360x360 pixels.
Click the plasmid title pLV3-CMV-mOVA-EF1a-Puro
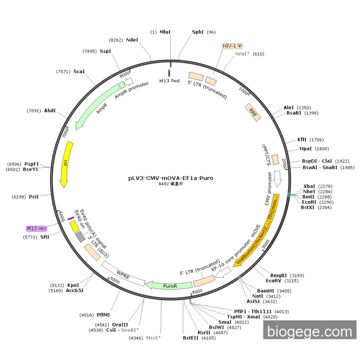(171, 178)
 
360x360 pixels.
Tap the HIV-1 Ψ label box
(232, 46)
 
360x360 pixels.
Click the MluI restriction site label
(165, 32)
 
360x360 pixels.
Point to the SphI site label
(198, 32)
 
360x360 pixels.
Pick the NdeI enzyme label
(132, 40)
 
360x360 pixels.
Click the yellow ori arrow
(66, 163)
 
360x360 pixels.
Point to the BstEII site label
(191, 338)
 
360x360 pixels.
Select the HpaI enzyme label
(306, 149)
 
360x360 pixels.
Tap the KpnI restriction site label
(74, 285)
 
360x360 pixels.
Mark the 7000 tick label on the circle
(65, 132)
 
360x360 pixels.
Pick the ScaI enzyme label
(79, 72)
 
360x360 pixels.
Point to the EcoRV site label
(274, 281)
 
